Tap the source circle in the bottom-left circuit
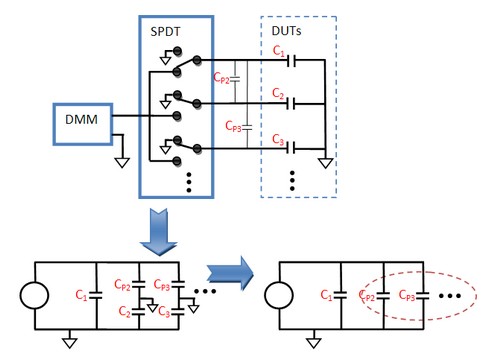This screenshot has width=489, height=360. (33, 296)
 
